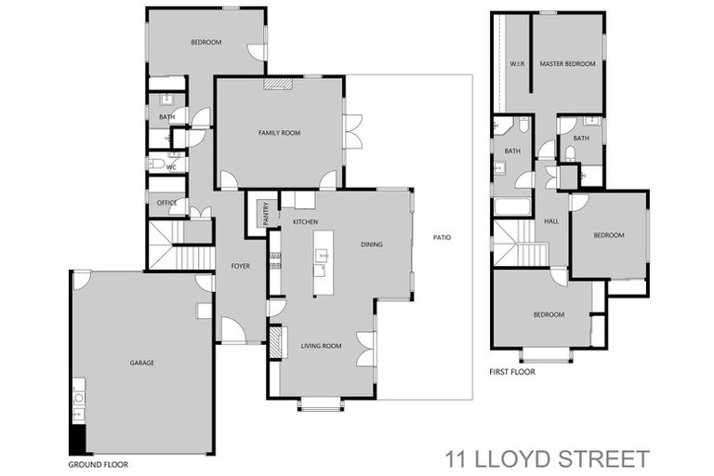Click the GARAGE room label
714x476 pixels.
coord(142,363)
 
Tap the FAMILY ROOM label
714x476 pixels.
coord(280,134)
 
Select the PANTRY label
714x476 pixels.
coord(267,215)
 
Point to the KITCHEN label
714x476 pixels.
coord(306,223)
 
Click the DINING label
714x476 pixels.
coord(372,245)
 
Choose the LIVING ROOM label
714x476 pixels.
coord(321,346)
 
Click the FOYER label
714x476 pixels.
coord(240,267)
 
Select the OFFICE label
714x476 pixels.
coord(166,203)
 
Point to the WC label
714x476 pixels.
coord(171,167)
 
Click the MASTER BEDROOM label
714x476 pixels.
coord(567,63)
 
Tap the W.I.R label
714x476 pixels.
coord(518,63)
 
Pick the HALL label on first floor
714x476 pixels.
coord(551,221)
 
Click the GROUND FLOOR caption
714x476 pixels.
coord(99,463)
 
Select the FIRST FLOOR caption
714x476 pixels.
coord(512,372)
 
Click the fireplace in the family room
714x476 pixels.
coord(276,83)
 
